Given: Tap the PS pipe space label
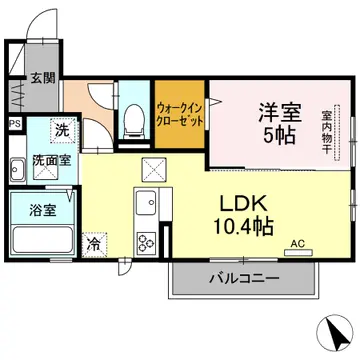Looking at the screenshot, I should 13,124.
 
